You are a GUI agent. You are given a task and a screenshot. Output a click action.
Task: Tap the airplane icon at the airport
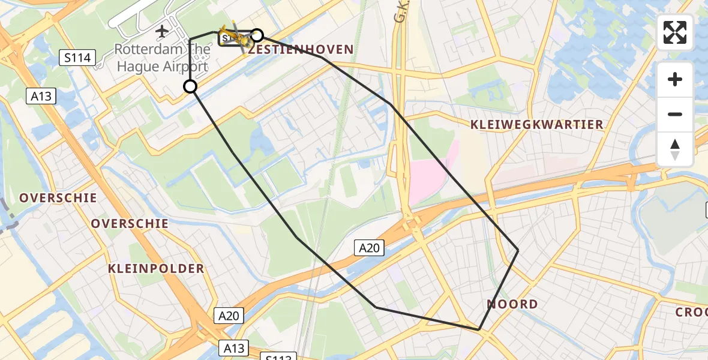tap(161, 31)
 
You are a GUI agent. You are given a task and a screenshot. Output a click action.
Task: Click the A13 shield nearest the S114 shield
tap(41, 96)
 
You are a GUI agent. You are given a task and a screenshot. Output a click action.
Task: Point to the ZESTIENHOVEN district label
tap(301, 49)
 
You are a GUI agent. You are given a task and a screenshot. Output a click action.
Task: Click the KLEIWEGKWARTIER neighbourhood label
tap(536, 124)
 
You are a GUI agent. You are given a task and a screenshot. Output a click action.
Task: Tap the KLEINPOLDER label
tap(156, 268)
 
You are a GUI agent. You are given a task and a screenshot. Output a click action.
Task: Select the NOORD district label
tap(512, 304)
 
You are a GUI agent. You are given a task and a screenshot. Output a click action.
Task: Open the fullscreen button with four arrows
tap(675, 32)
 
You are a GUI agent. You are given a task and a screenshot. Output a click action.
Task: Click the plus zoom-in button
tap(675, 79)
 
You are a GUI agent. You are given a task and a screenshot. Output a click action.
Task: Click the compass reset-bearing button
tap(675, 149)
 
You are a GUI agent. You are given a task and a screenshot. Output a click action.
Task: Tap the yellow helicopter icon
tap(234, 37)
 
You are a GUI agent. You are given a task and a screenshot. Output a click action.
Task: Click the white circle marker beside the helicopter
tap(257, 35)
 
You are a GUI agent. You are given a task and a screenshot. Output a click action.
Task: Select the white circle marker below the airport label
tap(190, 87)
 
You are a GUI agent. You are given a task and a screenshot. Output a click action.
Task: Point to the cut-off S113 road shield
tap(279, 356)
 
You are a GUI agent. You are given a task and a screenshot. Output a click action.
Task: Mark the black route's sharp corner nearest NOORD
tap(479, 329)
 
